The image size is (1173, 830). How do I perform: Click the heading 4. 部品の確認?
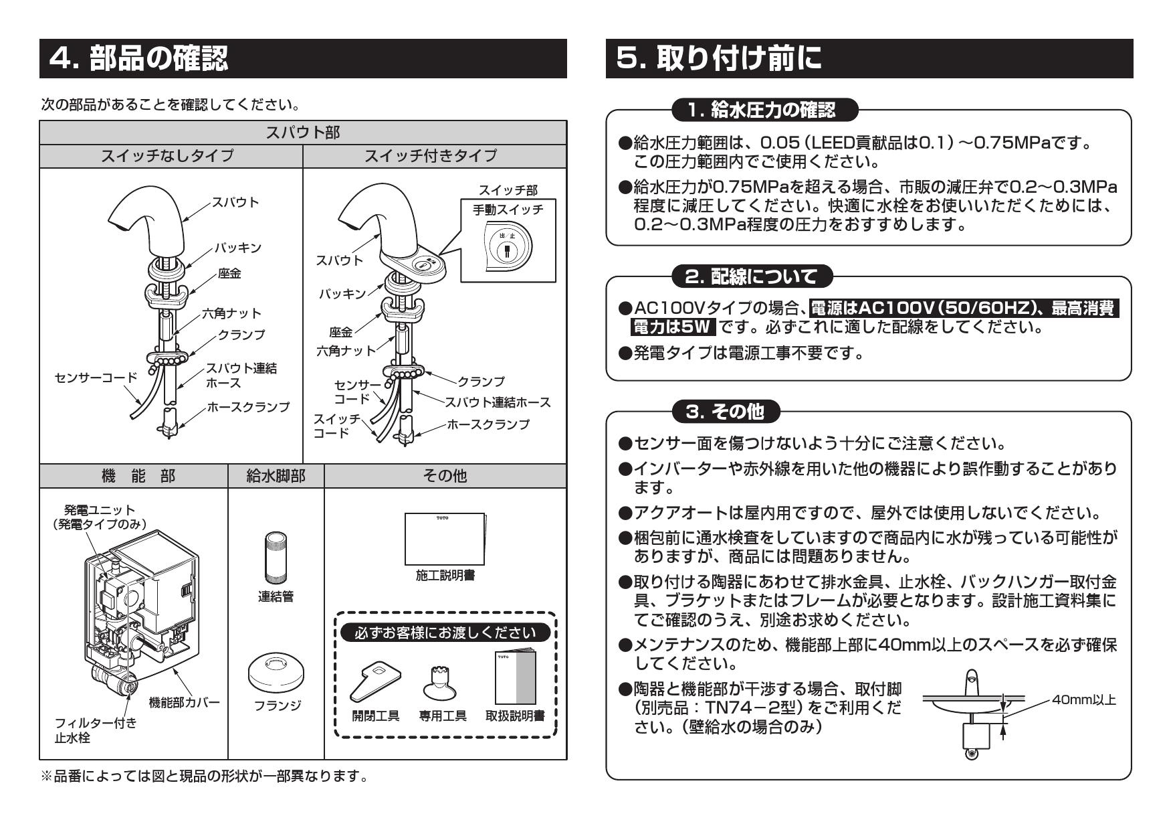[139, 59]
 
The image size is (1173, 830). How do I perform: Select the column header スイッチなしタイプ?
[167, 156]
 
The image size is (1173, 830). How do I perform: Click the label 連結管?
[276, 596]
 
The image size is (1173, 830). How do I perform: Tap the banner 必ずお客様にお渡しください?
[445, 633]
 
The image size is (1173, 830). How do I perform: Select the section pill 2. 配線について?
[754, 276]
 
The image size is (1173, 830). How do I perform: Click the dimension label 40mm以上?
[1083, 700]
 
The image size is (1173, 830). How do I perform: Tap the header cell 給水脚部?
[276, 476]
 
